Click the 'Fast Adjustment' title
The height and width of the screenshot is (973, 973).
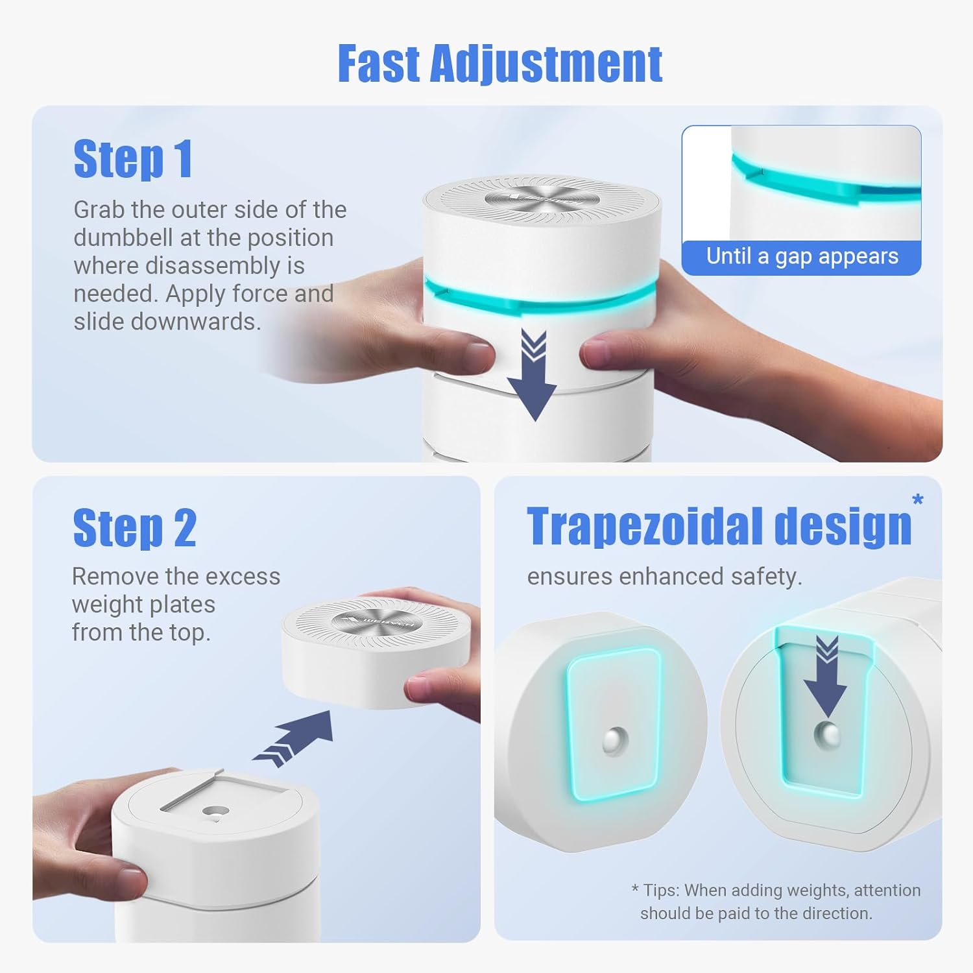[x=499, y=65]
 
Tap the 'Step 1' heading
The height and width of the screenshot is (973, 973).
[x=133, y=159]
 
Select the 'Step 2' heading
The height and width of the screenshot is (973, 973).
[x=134, y=528]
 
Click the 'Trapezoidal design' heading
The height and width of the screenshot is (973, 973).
[x=719, y=527]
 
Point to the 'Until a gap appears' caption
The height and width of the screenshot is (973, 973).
[x=802, y=256]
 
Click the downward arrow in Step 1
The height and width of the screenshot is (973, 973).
[x=532, y=375]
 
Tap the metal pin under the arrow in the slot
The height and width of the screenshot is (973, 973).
[x=827, y=734]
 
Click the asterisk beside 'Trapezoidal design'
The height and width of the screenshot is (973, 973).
[x=918, y=499]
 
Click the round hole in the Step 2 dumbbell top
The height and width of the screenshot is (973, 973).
[x=215, y=811]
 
